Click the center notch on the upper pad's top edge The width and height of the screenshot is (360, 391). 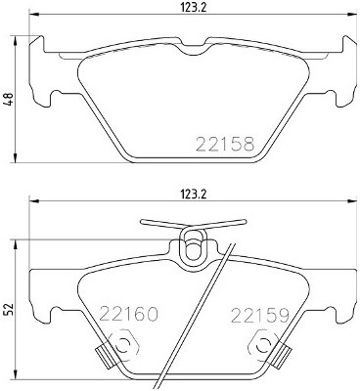pyautogui.click(x=192, y=49)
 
